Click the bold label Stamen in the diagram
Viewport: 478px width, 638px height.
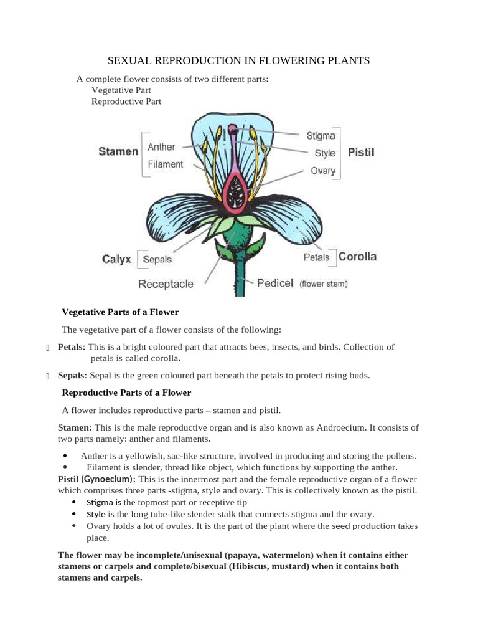tap(118, 151)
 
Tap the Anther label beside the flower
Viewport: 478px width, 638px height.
tap(161, 147)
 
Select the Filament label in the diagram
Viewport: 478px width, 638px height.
tap(166, 164)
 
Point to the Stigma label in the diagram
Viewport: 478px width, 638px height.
tap(321, 135)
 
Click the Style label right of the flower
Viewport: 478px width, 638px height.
tap(325, 153)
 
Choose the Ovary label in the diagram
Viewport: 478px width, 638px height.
tap(323, 170)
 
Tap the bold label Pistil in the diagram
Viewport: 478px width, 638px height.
tap(361, 152)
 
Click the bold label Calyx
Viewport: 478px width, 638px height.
tap(117, 259)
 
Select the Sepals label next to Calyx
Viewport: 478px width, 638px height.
tap(157, 260)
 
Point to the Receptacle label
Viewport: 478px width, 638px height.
tap(166, 284)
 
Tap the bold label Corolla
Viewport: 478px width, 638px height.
tap(357, 256)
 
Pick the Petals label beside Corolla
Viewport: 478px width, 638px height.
tap(317, 257)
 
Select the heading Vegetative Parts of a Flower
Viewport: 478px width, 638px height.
tap(121, 312)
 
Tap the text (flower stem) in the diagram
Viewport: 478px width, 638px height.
tap(323, 284)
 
